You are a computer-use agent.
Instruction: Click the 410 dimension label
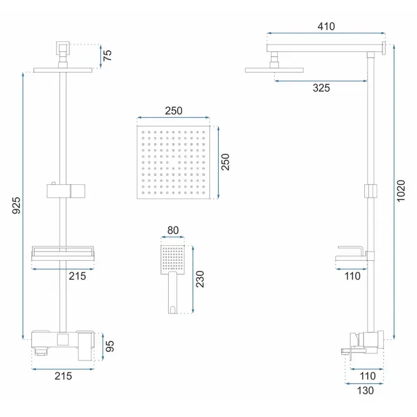[x=326, y=26]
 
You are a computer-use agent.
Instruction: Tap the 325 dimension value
[x=321, y=88]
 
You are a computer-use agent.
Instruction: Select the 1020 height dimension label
[x=401, y=191]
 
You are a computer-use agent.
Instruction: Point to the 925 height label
[x=16, y=205]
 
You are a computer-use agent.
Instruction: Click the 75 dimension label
[x=107, y=55]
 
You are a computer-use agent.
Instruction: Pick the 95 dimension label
[x=110, y=346]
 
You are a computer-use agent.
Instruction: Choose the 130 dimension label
[x=365, y=391]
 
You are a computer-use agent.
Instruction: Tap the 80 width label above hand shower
[x=173, y=230]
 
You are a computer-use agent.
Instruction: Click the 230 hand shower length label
[x=200, y=279]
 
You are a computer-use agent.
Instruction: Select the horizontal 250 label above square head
[x=174, y=110]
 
